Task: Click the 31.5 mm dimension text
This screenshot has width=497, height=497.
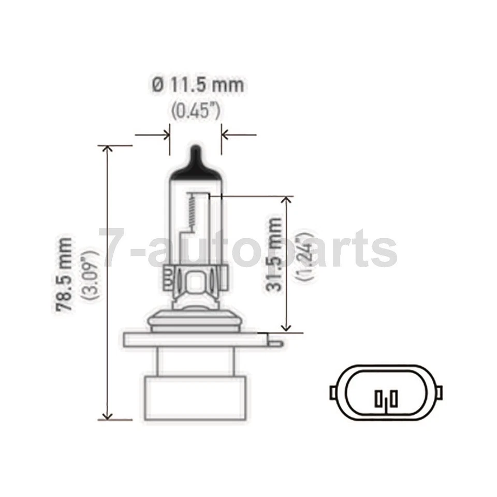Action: tap(275, 254)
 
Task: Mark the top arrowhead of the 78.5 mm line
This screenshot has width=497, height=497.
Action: tap(108, 150)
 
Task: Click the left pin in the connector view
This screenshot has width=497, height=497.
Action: tap(379, 399)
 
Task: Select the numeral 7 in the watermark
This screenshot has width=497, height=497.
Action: tap(115, 248)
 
